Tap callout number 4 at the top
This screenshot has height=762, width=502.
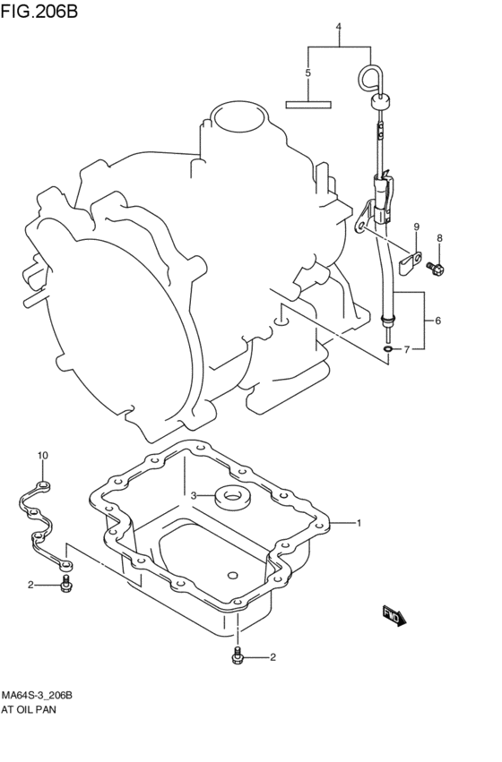[x=339, y=27]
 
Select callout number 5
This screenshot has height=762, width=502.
[x=307, y=73]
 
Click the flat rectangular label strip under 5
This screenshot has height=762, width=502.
[x=307, y=103]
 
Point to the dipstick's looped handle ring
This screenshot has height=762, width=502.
[x=369, y=77]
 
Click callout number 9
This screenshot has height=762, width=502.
[x=416, y=227]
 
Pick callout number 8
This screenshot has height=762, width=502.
[x=439, y=237]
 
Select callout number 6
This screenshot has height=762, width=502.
[x=437, y=321]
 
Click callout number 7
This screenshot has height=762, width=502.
[x=406, y=349]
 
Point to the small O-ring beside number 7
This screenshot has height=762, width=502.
[x=386, y=348]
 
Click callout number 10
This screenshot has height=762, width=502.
[x=42, y=457]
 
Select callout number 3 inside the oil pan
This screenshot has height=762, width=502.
[x=192, y=495]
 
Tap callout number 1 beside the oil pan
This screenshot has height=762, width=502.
[x=359, y=523]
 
